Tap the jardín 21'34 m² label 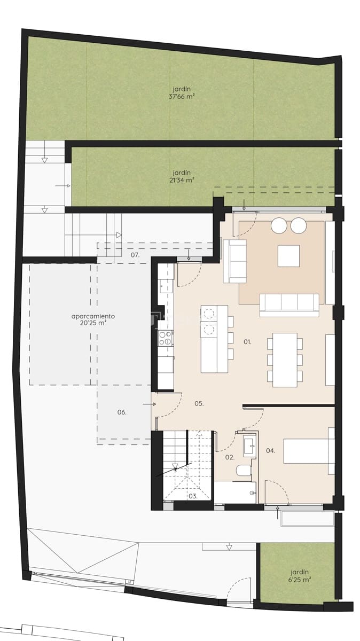tap(182, 176)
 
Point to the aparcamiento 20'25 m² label tap(93, 319)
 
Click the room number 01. tap(247, 341)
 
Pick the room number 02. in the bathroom tap(230, 457)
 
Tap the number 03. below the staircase tap(193, 496)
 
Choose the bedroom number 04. tap(270, 450)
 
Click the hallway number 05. tap(199, 404)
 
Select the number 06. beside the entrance tap(122, 412)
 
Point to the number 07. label tap(135, 255)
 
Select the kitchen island tap(214, 339)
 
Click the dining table tap(284, 359)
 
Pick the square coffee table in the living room tap(288, 256)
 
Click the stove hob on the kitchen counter tap(166, 337)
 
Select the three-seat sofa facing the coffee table tap(289, 304)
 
